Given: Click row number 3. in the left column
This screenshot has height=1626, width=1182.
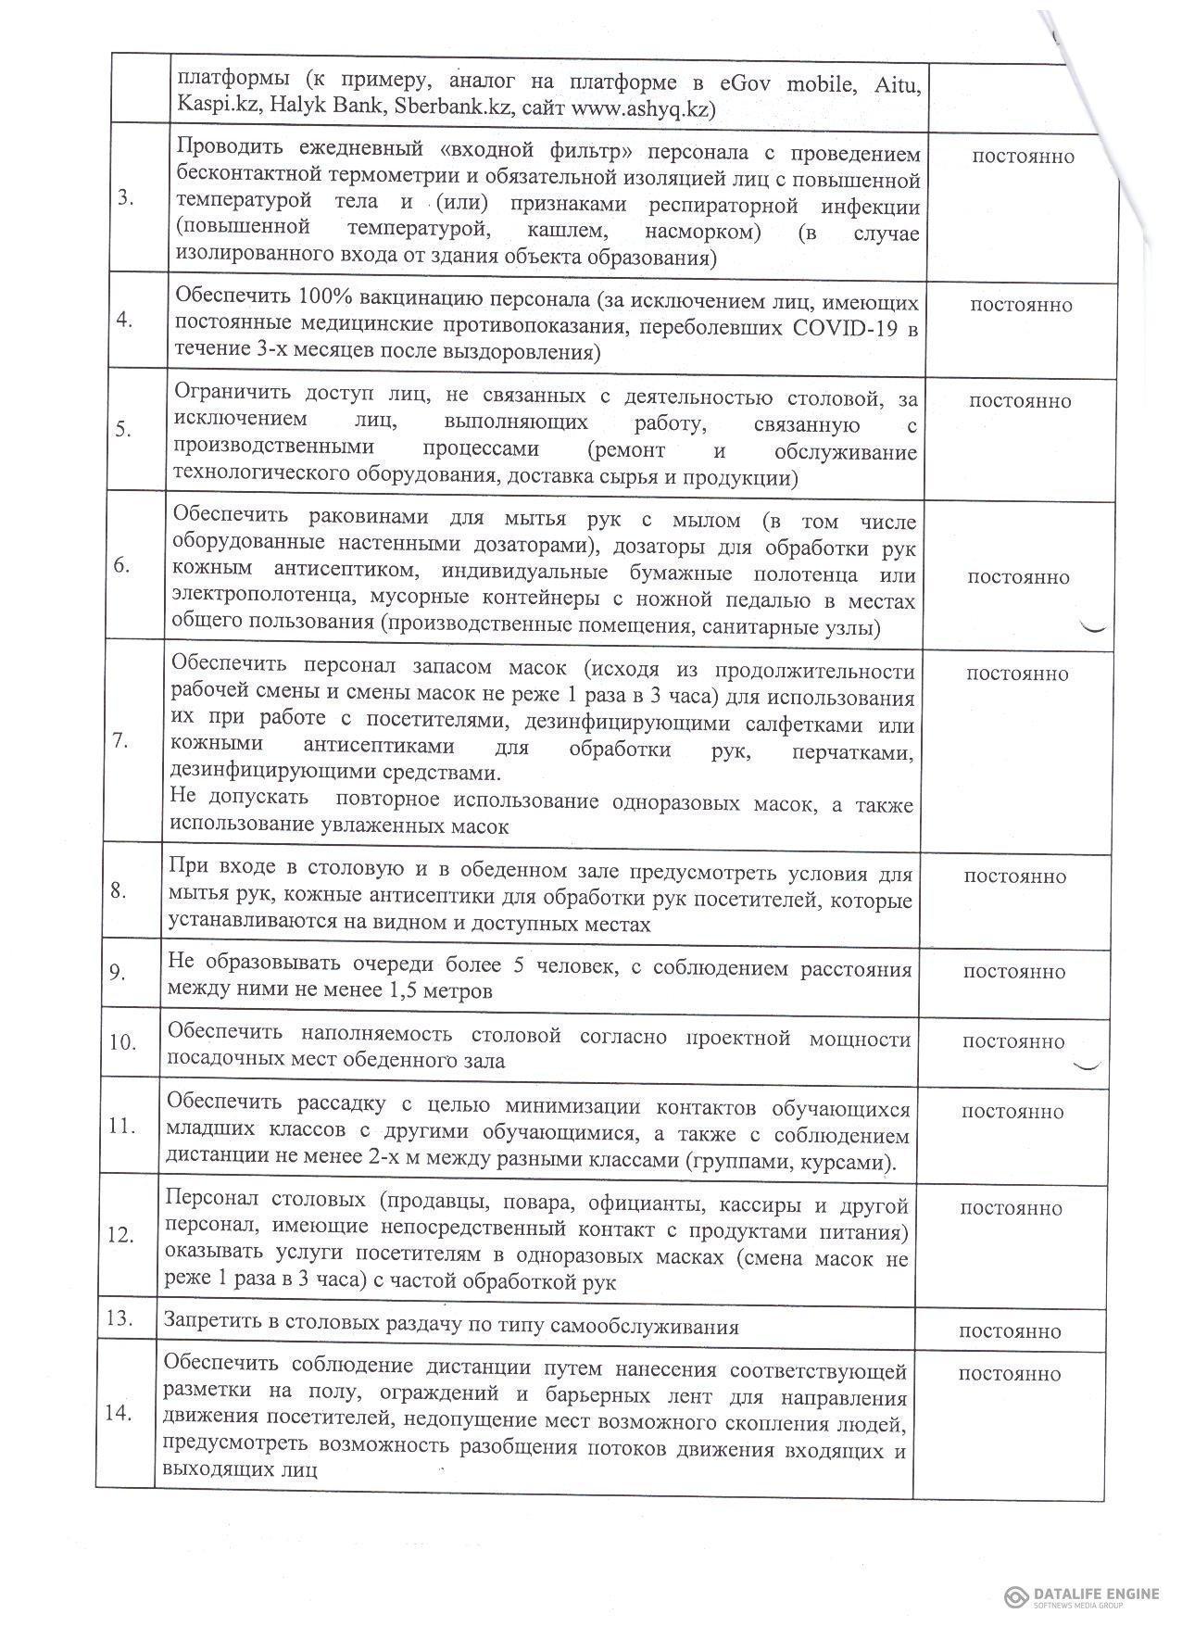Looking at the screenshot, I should click(x=126, y=199).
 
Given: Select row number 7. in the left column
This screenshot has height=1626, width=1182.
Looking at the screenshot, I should click(x=120, y=741).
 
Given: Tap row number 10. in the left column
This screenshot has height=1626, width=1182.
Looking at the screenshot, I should click(x=122, y=1042).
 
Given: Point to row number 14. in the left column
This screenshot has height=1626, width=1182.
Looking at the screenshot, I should click(x=119, y=1413).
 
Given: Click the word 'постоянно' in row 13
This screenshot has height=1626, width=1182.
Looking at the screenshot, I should click(x=1010, y=1331).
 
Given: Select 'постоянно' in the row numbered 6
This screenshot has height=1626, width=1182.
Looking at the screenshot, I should click(x=1018, y=577).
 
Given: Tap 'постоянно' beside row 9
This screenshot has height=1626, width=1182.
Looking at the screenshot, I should click(x=1013, y=972).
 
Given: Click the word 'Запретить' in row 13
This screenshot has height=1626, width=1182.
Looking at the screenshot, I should click(x=209, y=1326).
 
